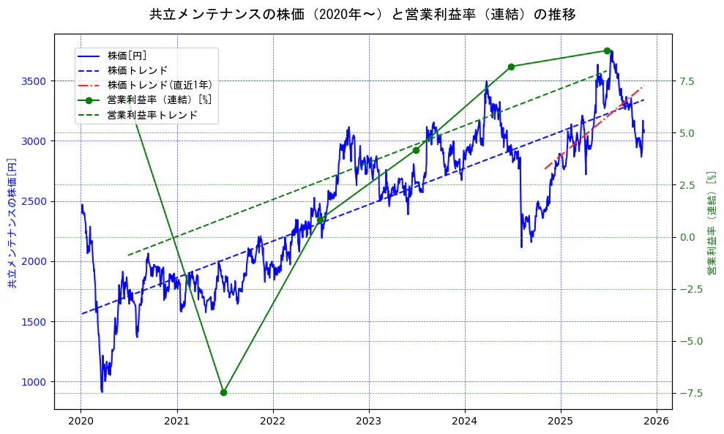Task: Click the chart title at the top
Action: tap(362, 15)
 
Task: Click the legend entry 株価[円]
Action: tap(127, 56)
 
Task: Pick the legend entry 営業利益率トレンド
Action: tap(152, 115)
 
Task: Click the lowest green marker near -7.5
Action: tap(223, 392)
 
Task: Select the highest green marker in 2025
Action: tap(607, 50)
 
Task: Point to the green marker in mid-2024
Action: tap(511, 67)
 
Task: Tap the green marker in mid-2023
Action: tap(416, 150)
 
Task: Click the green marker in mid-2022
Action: tap(320, 220)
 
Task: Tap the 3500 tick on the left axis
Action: tap(35, 81)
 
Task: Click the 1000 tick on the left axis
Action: tap(35, 381)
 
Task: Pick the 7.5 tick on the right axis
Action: tap(687, 81)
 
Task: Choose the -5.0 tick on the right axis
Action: tap(690, 341)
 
